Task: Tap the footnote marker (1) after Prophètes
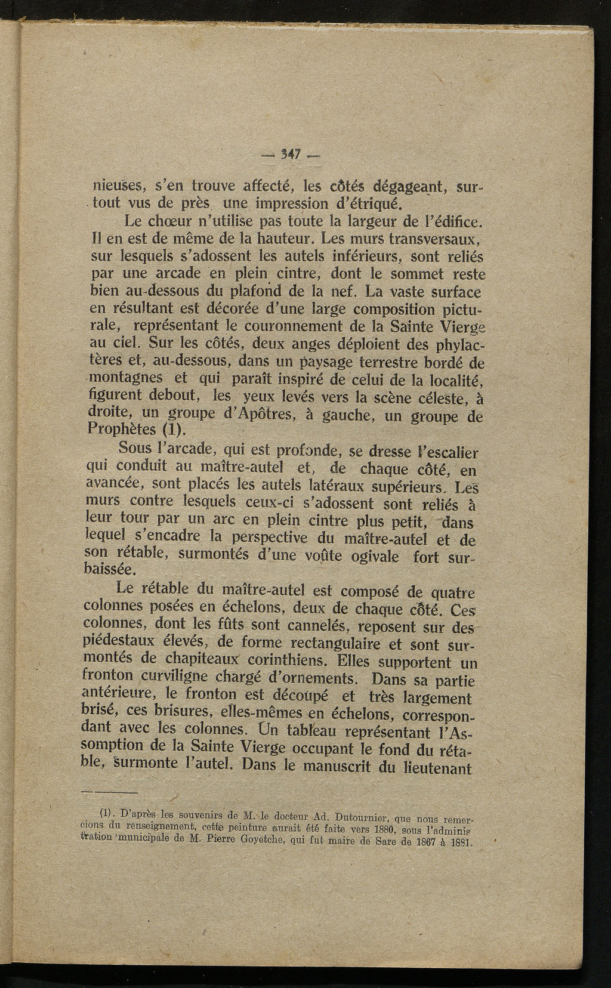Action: point(174,430)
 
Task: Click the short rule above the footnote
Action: point(109,791)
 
